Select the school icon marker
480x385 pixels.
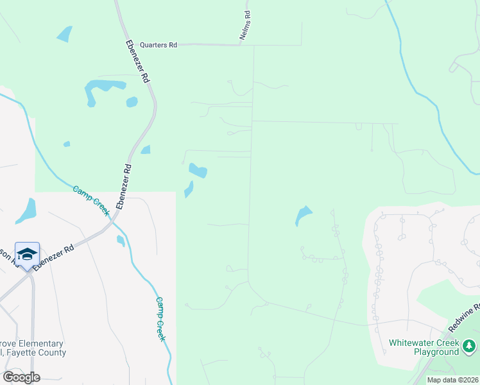pyautogui.click(x=27, y=255)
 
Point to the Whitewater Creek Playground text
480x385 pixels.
pyautogui.click(x=424, y=347)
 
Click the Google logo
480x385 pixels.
pyautogui.click(x=21, y=377)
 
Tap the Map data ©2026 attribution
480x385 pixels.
pyautogui.click(x=452, y=380)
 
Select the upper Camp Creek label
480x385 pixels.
pyautogui.click(x=91, y=200)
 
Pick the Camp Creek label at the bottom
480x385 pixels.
pyautogui.click(x=161, y=319)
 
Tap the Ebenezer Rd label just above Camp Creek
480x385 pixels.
pyautogui.click(x=124, y=187)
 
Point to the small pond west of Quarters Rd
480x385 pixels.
pyautogui.click(x=64, y=33)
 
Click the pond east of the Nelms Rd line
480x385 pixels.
pyautogui.click(x=303, y=214)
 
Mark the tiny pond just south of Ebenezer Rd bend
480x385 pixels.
pyautogui.click(x=120, y=241)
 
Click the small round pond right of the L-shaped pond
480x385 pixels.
pyautogui.click(x=132, y=101)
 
